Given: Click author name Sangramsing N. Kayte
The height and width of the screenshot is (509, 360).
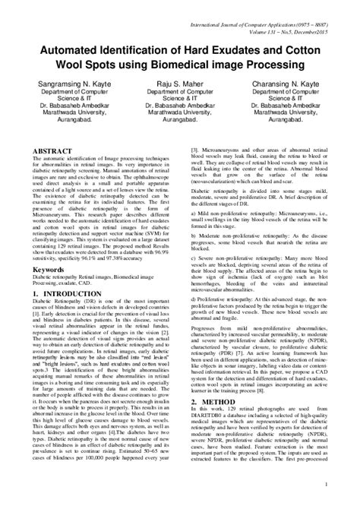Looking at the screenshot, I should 66,100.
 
